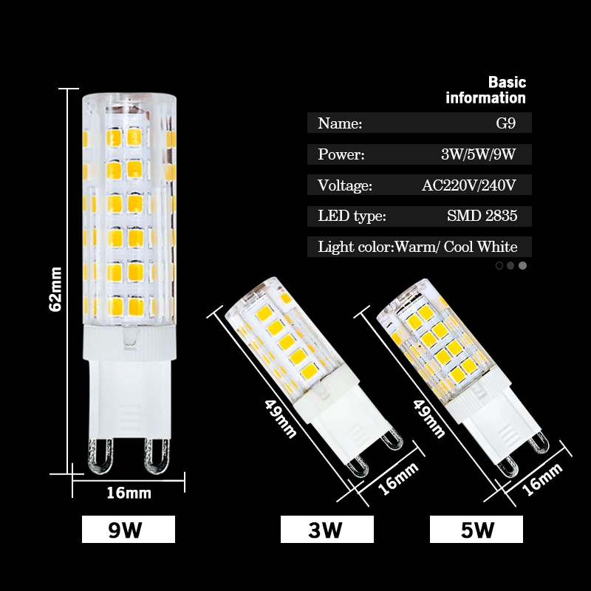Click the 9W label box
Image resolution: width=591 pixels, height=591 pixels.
128,530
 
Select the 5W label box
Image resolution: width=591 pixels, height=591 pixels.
476,530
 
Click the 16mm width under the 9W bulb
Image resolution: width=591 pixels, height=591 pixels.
128,492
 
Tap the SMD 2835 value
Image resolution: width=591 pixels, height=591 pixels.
482,216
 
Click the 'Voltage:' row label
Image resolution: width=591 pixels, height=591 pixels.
345,185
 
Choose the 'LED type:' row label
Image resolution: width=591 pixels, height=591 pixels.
352,216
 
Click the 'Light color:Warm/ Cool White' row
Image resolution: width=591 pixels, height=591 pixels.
418,247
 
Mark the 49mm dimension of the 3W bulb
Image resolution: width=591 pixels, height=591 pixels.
280,415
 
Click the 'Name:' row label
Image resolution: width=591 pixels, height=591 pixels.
340,123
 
